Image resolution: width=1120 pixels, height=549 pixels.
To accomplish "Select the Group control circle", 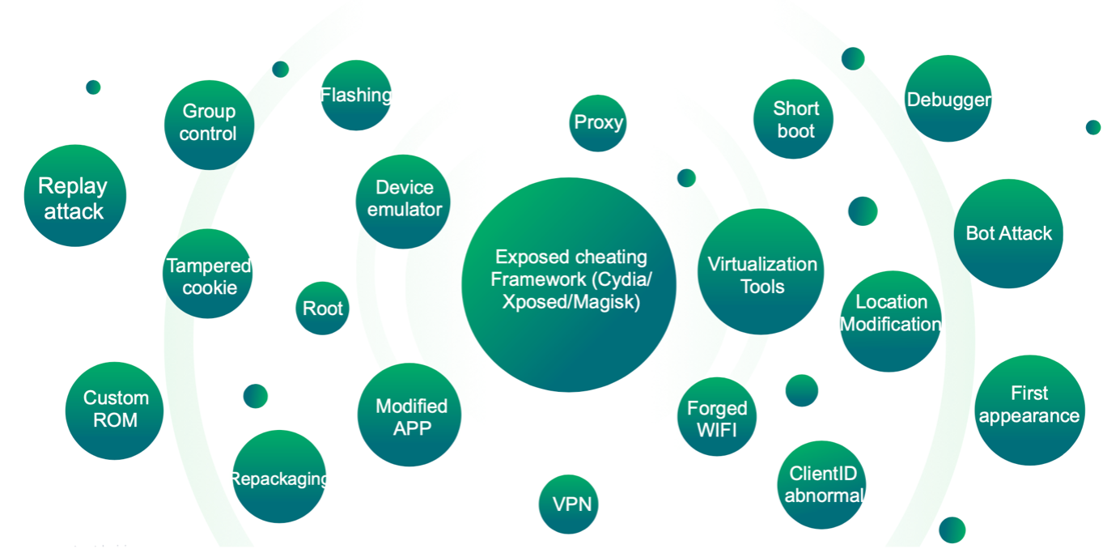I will (209, 124).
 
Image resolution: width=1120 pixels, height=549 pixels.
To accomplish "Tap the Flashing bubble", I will (355, 96).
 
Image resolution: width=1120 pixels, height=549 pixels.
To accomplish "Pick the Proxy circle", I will (598, 123).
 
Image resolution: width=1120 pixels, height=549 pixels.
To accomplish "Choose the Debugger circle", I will (948, 99).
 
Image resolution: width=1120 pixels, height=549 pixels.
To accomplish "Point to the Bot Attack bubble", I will (1008, 233).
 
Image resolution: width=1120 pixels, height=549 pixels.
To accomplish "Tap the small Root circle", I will (322, 309).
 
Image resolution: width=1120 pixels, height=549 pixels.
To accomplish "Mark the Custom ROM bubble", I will (114, 410).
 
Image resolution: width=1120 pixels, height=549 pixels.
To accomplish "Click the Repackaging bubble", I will (278, 477).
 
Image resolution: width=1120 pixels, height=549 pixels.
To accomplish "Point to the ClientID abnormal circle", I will (821, 484).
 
